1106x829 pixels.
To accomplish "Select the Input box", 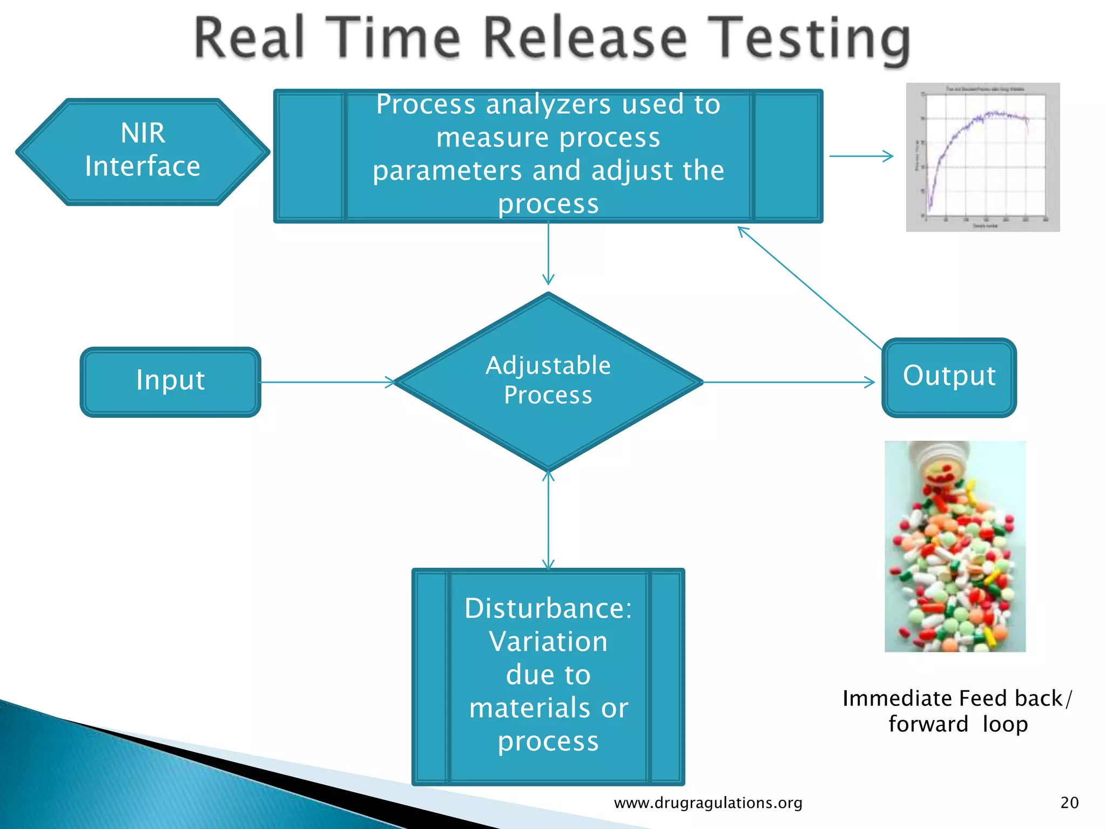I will pyautogui.click(x=170, y=382).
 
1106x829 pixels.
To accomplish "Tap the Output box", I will pyautogui.click(x=949, y=377).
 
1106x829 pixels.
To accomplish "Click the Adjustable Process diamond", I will pyautogui.click(x=548, y=381).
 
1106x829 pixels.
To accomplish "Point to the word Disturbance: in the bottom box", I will pyautogui.click(x=548, y=609).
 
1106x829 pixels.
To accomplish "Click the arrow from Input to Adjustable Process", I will pyautogui.click(x=327, y=382).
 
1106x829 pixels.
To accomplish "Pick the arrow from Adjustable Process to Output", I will pyautogui.click(x=788, y=382).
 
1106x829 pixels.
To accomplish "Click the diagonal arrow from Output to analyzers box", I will pyautogui.click(x=810, y=289).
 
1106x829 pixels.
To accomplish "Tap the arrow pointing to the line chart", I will pyautogui.click(x=861, y=156).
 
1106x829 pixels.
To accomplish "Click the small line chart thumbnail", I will pyautogui.click(x=982, y=157).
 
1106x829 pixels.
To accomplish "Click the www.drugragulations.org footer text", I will pyautogui.click(x=708, y=803).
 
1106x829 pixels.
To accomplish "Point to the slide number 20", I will pyautogui.click(x=1069, y=803).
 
